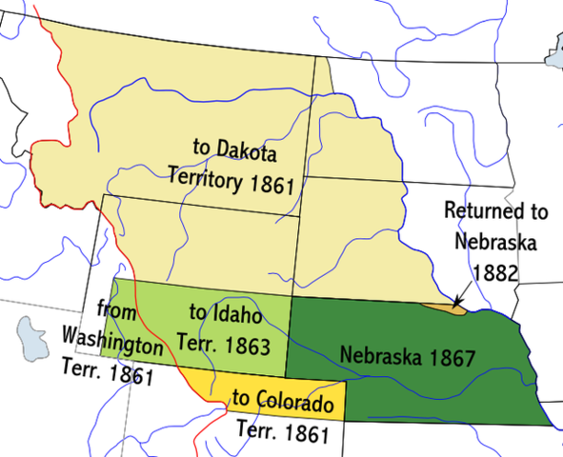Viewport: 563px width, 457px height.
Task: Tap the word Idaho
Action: click(x=234, y=312)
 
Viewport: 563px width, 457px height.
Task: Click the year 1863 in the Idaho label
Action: click(x=249, y=339)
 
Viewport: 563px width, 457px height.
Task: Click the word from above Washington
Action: click(x=116, y=311)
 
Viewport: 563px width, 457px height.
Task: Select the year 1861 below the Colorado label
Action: click(x=305, y=434)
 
